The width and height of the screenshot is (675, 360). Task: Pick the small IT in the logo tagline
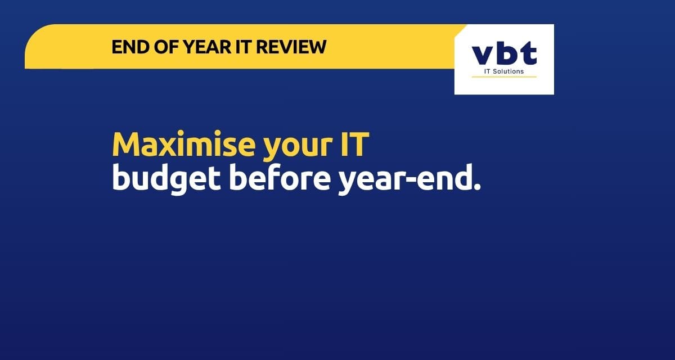pyautogui.click(x=487, y=71)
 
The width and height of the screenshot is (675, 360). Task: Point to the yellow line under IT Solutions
pyautogui.click(x=504, y=77)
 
